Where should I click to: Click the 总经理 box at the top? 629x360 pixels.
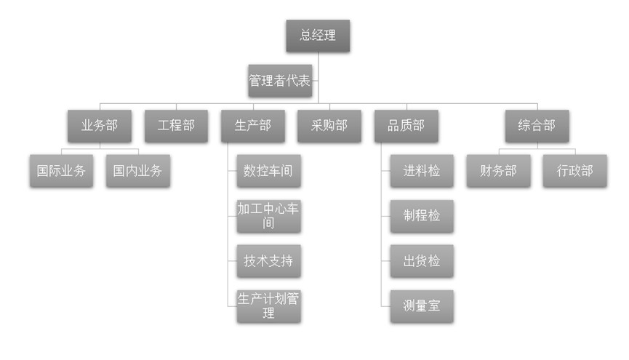pyautogui.click(x=318, y=36)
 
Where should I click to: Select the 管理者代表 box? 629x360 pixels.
pyautogui.click(x=280, y=81)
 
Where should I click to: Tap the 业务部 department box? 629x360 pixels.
pyautogui.click(x=100, y=126)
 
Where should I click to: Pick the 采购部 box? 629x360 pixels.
pyautogui.click(x=324, y=126)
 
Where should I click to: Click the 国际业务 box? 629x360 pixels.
pyautogui.click(x=61, y=172)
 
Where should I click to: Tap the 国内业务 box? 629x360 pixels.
pyautogui.click(x=138, y=172)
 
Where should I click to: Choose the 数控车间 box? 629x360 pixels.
pyautogui.click(x=268, y=172)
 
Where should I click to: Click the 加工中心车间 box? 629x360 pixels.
pyautogui.click(x=268, y=216)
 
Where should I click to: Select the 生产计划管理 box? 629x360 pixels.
pyautogui.click(x=268, y=306)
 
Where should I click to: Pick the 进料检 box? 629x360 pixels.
pyautogui.click(x=422, y=172)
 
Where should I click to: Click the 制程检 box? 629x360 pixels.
pyautogui.click(x=422, y=216)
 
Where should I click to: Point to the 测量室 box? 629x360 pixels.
pyautogui.click(x=422, y=306)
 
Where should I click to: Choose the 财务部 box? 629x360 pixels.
pyautogui.click(x=498, y=172)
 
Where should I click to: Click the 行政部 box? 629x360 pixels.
pyautogui.click(x=575, y=172)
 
